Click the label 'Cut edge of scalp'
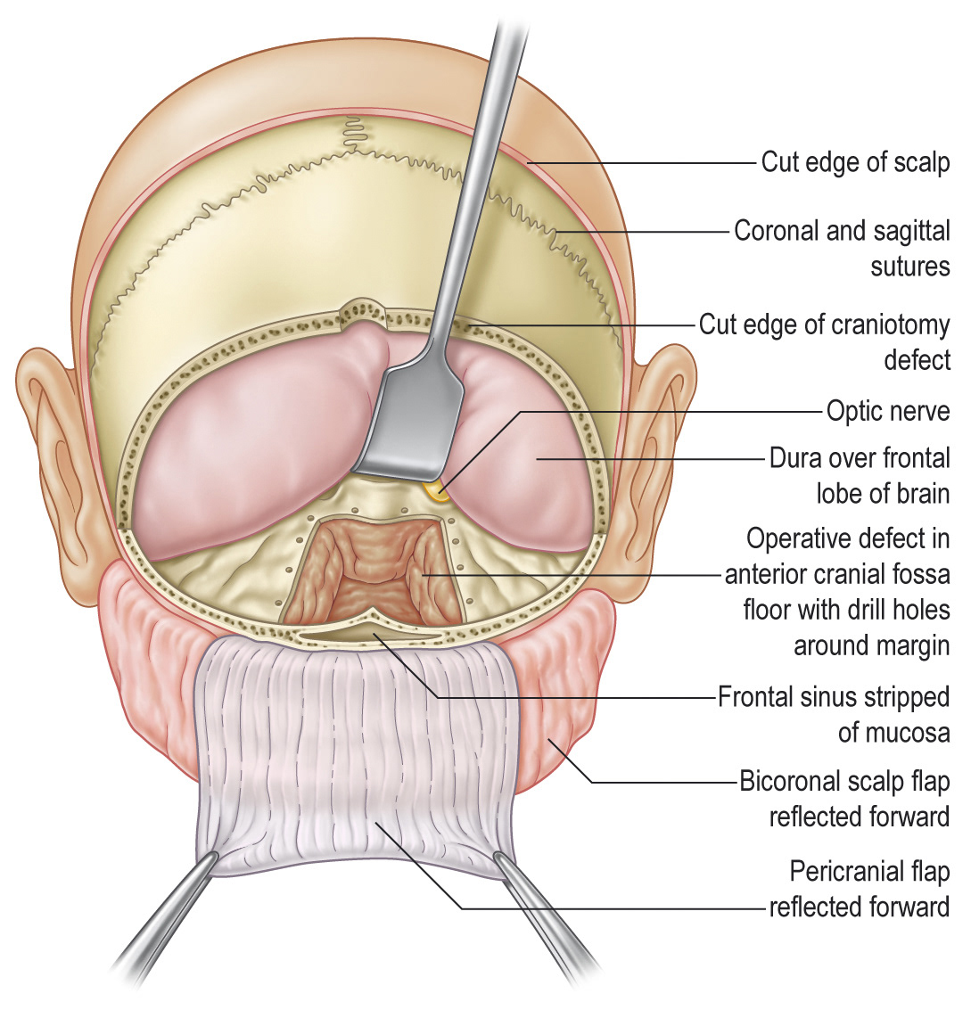coord(854,162)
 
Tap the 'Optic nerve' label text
coord(888,411)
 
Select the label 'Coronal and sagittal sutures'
coord(842,248)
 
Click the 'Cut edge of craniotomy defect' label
coord(824,341)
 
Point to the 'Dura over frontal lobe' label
coord(860,475)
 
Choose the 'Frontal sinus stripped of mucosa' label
coord(834,713)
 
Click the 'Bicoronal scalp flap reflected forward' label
coord(844,799)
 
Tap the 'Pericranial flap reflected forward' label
coord(860,889)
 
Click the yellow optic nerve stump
coord(436,488)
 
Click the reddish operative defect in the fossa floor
coord(371,571)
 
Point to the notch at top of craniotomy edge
coord(363,309)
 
